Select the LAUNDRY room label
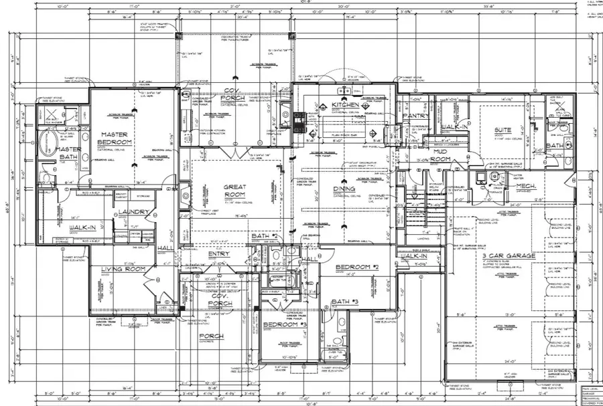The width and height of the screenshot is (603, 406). coord(132,213)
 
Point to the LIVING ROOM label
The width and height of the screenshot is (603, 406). coord(123,270)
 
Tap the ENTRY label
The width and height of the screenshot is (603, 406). coord(219,254)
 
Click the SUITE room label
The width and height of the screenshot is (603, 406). coord(503,131)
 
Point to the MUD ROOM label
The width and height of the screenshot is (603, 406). coord(440,156)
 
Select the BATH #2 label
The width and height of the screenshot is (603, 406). coord(265,237)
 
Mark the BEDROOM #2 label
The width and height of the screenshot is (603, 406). coord(358,268)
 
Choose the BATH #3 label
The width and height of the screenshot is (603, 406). coord(344,302)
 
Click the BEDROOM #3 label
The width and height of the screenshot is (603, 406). coord(285,324)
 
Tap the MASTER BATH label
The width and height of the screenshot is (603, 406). coord(69,153)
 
